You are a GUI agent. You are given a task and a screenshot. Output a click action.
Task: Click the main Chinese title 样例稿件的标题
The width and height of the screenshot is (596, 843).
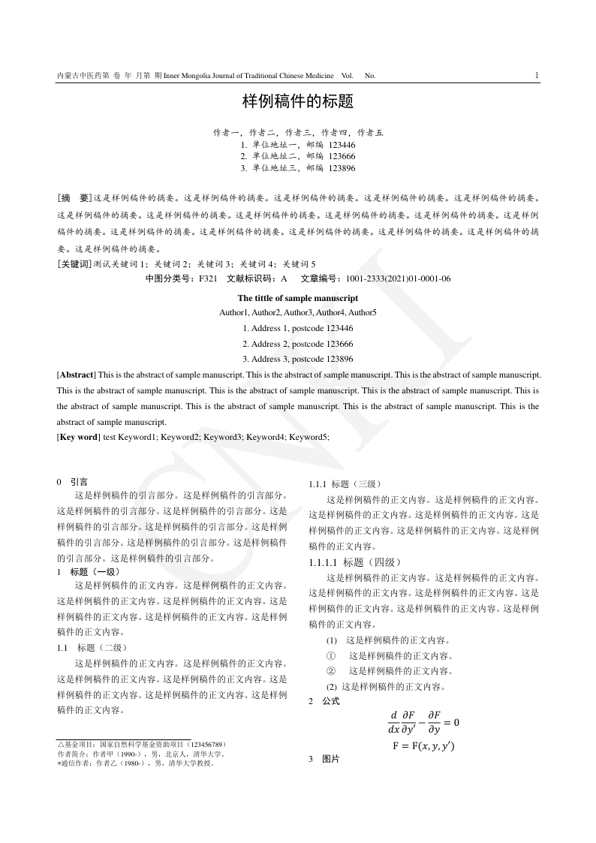(x=297, y=101)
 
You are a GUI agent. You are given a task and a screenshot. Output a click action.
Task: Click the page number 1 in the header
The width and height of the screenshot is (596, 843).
(x=537, y=75)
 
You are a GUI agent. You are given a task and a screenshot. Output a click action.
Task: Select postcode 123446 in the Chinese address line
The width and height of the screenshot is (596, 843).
(x=342, y=145)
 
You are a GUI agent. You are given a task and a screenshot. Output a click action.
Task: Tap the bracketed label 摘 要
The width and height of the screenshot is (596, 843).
(x=74, y=198)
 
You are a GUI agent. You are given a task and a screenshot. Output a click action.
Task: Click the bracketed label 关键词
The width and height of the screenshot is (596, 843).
(x=74, y=264)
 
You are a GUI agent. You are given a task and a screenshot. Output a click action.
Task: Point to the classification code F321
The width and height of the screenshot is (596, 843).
(x=208, y=279)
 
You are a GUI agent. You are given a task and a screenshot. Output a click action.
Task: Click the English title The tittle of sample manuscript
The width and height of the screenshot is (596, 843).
(x=297, y=298)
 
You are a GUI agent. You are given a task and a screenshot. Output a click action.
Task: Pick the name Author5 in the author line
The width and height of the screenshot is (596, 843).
(x=363, y=312)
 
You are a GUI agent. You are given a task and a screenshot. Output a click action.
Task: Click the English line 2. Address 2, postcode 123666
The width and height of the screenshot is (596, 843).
(x=297, y=343)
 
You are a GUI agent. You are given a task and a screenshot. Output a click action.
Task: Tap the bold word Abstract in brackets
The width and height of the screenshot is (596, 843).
(x=76, y=373)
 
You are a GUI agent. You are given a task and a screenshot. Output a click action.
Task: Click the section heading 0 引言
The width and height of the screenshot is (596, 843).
(x=73, y=482)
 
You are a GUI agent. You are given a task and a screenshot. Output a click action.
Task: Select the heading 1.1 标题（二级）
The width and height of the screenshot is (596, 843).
(x=92, y=647)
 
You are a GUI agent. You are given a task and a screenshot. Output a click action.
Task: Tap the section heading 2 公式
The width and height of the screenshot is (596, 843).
(x=324, y=701)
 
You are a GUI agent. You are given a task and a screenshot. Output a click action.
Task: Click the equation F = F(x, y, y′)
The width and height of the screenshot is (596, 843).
(x=423, y=746)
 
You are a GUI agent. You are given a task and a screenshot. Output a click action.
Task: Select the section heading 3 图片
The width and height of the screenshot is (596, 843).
(x=324, y=760)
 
